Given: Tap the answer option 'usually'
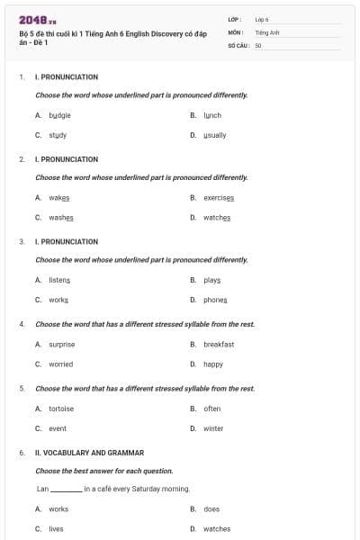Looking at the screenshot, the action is click(215, 135).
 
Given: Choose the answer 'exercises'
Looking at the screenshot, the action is click(219, 197).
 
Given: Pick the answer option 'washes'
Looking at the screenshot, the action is click(61, 217).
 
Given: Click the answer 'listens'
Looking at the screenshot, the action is click(59, 280).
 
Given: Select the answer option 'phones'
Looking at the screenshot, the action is click(215, 300).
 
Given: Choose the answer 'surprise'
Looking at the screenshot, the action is click(61, 344).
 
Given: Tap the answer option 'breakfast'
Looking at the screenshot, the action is click(219, 344).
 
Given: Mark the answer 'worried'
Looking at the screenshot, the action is click(60, 364).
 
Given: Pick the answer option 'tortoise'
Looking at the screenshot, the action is click(61, 409).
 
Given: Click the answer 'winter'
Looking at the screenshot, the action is click(213, 428).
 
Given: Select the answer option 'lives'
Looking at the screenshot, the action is click(56, 529).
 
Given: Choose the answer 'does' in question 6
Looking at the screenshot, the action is click(211, 508).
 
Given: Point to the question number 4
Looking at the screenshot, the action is click(22, 324).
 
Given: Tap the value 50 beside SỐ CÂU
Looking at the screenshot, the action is click(258, 44).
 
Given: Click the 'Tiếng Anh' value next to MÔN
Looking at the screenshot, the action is click(267, 31).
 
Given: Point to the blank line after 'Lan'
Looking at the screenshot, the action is click(66, 490).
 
